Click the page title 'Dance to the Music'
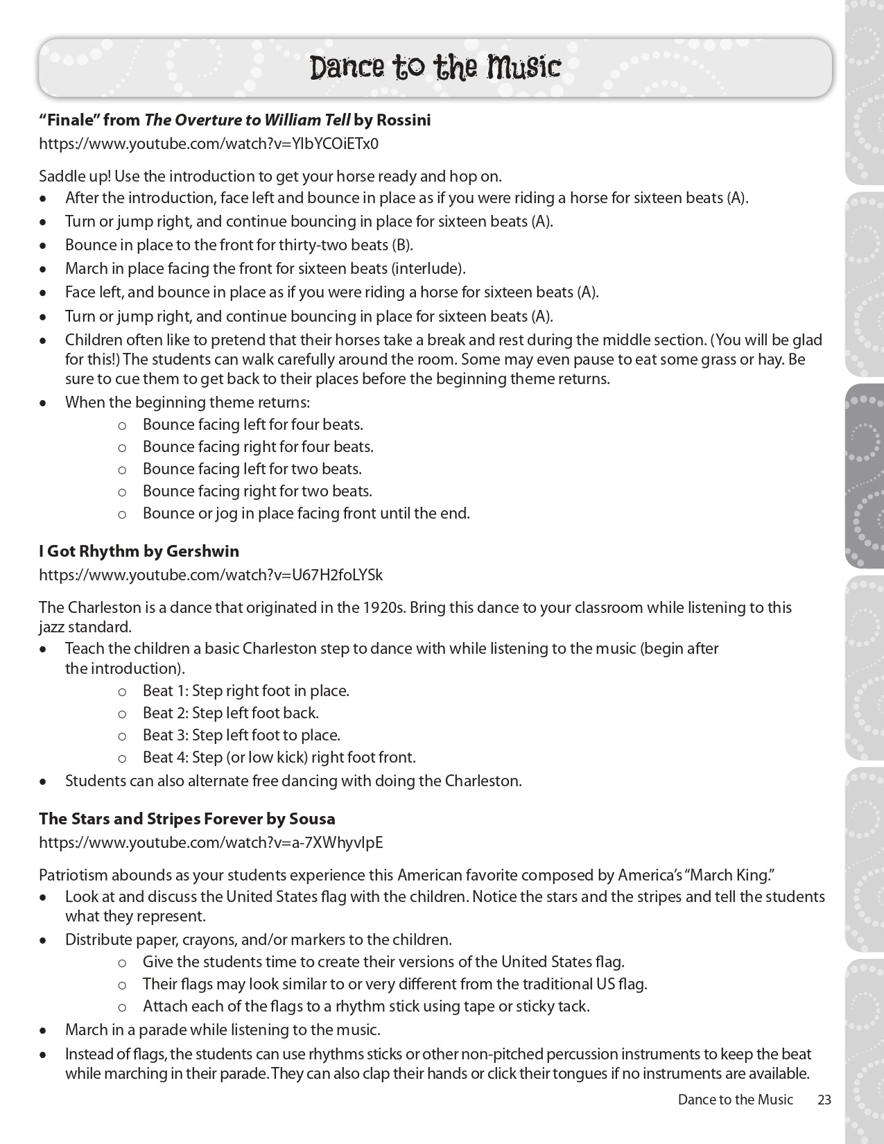coord(435,67)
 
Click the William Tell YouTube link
coord(209,144)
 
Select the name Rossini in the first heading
coord(403,120)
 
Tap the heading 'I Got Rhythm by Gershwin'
coord(139,551)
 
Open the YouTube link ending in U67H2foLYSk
coord(211,575)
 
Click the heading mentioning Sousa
coord(187,819)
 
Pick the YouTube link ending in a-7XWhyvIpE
coord(211,842)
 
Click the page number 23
coord(824,1100)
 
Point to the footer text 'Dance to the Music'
coord(735,1100)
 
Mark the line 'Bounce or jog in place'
coord(306,513)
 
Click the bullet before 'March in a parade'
coord(44,1031)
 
